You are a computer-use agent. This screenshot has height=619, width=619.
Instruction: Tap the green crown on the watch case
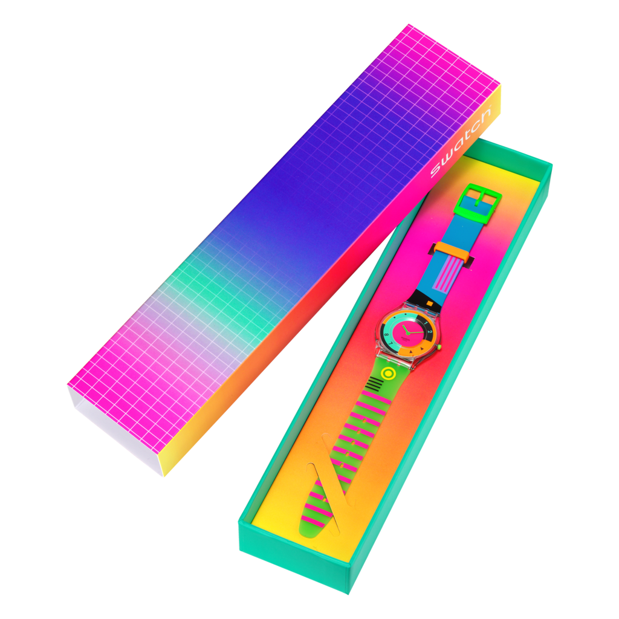coord(439,346)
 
